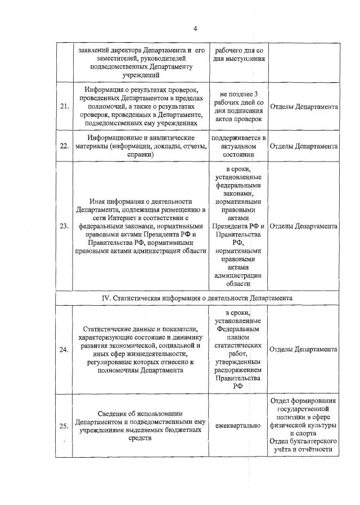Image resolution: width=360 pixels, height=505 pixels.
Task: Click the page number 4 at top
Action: (x=195, y=29)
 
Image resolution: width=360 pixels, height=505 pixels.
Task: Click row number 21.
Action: (x=64, y=107)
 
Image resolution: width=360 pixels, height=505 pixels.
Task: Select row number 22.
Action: (x=64, y=146)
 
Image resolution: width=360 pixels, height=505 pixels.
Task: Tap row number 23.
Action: (x=64, y=226)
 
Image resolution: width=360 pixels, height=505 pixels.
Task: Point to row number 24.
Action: (x=64, y=350)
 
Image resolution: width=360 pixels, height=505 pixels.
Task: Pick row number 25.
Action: (x=64, y=426)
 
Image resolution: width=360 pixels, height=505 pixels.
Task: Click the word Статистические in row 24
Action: (x=108, y=329)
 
